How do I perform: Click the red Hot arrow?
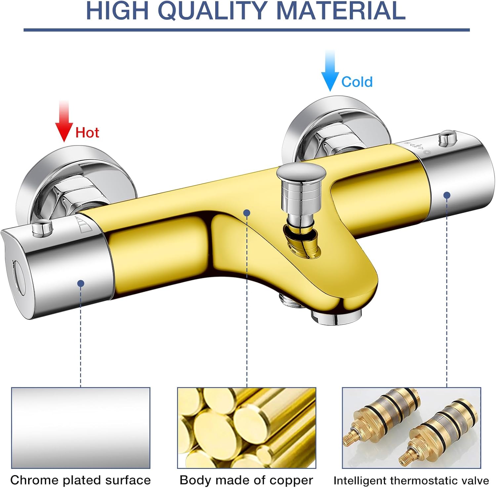pyautogui.click(x=64, y=121)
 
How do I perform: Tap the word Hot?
pyautogui.click(x=87, y=132)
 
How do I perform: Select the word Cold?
pyautogui.click(x=357, y=82)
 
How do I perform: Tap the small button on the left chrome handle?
pyautogui.click(x=42, y=229)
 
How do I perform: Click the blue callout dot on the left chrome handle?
pyautogui.click(x=81, y=283)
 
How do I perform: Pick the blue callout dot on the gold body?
pyautogui.click(x=247, y=213)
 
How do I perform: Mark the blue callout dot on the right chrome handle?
pyautogui.click(x=447, y=195)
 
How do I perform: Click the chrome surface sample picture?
pyautogui.click(x=81, y=428)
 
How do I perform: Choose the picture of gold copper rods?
pyautogui.click(x=247, y=428)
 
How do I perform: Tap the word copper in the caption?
pyautogui.click(x=291, y=480)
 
